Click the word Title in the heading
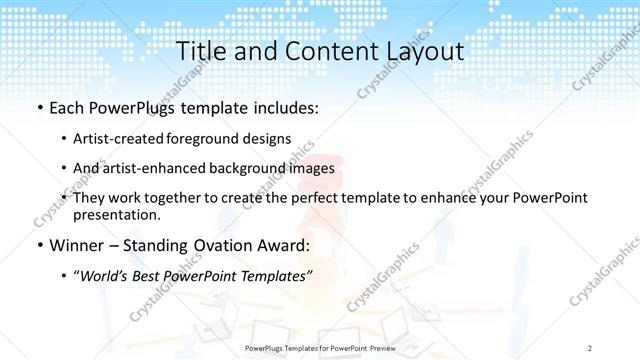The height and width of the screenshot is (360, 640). pos(198,51)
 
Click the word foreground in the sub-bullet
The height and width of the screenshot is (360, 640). pos(206,138)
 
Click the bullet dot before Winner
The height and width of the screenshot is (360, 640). pos(38,245)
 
